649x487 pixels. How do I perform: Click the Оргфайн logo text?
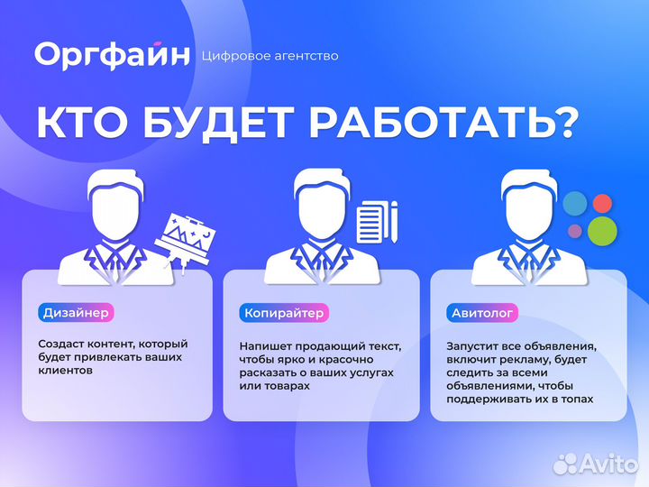pyautogui.click(x=113, y=55)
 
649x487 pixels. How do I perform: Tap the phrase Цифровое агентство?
pyautogui.click(x=271, y=56)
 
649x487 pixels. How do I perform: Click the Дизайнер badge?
pyautogui.click(x=77, y=313)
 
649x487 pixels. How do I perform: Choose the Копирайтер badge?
pyautogui.click(x=284, y=313)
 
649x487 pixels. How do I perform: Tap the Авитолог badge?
pyautogui.click(x=482, y=313)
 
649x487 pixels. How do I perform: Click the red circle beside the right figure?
pyautogui.click(x=602, y=203)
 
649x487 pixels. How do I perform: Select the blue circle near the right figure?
pyautogui.click(x=574, y=206)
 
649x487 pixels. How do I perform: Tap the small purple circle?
pyautogui.click(x=575, y=231)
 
